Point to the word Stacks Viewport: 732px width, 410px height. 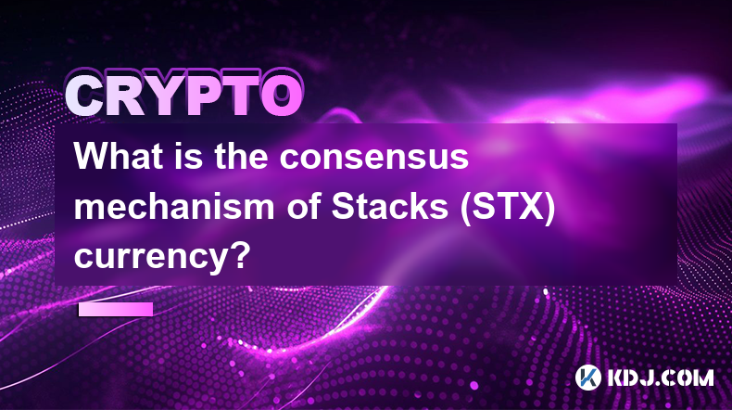coord(390,207)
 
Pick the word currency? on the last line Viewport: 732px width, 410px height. coord(159,258)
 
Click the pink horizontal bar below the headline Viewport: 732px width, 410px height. coord(116,309)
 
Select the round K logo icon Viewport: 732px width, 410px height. coord(587,378)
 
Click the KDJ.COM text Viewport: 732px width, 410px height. coord(660,378)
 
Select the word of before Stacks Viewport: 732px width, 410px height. coord(303,207)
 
